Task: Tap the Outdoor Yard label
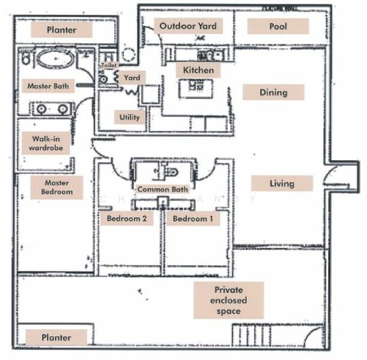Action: pyautogui.click(x=188, y=26)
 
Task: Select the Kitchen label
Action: pyautogui.click(x=198, y=70)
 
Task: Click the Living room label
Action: pyautogui.click(x=282, y=183)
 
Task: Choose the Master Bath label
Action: pyautogui.click(x=48, y=86)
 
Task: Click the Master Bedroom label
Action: pyautogui.click(x=56, y=187)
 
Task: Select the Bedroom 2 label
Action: pyautogui.click(x=127, y=219)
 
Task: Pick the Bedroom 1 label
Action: pyautogui.click(x=193, y=219)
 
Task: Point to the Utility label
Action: pyautogui.click(x=129, y=117)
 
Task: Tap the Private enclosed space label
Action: pyautogui.click(x=228, y=301)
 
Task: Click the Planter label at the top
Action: pyautogui.click(x=61, y=29)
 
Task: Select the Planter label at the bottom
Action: pyautogui.click(x=56, y=338)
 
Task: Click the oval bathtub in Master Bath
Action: pyautogui.click(x=56, y=59)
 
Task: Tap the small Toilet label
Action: pyautogui.click(x=109, y=65)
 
